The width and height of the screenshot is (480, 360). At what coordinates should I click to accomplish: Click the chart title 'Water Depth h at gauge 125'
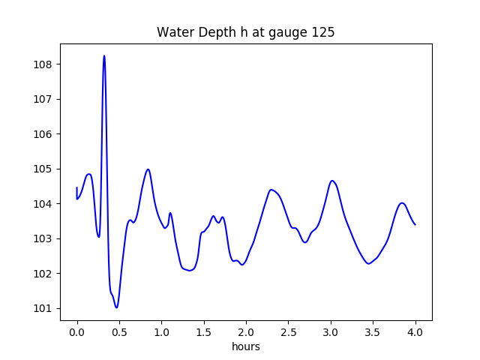[x=245, y=33]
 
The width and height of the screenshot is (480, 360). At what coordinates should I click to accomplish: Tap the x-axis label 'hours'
[x=245, y=347]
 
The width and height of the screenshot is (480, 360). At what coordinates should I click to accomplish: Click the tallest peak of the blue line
[x=104, y=55]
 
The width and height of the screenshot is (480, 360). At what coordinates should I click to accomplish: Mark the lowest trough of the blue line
[x=116, y=307]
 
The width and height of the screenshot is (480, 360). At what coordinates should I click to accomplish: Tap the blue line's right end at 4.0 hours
[x=415, y=224]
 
